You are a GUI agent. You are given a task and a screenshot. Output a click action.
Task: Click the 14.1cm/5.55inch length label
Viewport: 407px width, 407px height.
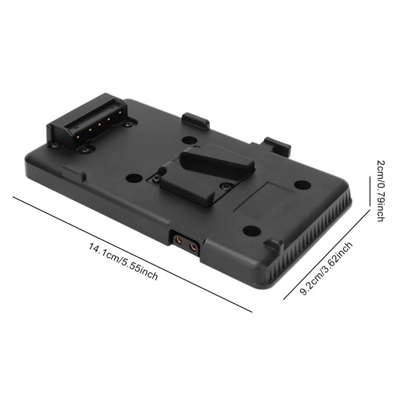123,261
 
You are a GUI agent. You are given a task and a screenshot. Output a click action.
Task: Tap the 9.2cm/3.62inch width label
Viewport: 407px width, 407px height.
326,268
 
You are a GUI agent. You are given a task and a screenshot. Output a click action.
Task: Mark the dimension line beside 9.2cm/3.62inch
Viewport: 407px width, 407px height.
324,256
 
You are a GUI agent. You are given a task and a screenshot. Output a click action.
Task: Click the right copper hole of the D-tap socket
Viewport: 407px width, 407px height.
194,246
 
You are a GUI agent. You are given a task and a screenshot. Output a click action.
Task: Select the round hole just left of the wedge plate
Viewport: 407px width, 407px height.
133,178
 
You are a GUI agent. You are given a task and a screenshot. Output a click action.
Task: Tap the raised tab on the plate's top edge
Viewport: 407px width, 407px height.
195,120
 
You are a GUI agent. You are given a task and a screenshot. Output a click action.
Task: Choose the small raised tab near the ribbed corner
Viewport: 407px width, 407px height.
274,245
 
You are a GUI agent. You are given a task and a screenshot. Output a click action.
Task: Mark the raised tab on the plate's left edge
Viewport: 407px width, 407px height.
74,174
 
